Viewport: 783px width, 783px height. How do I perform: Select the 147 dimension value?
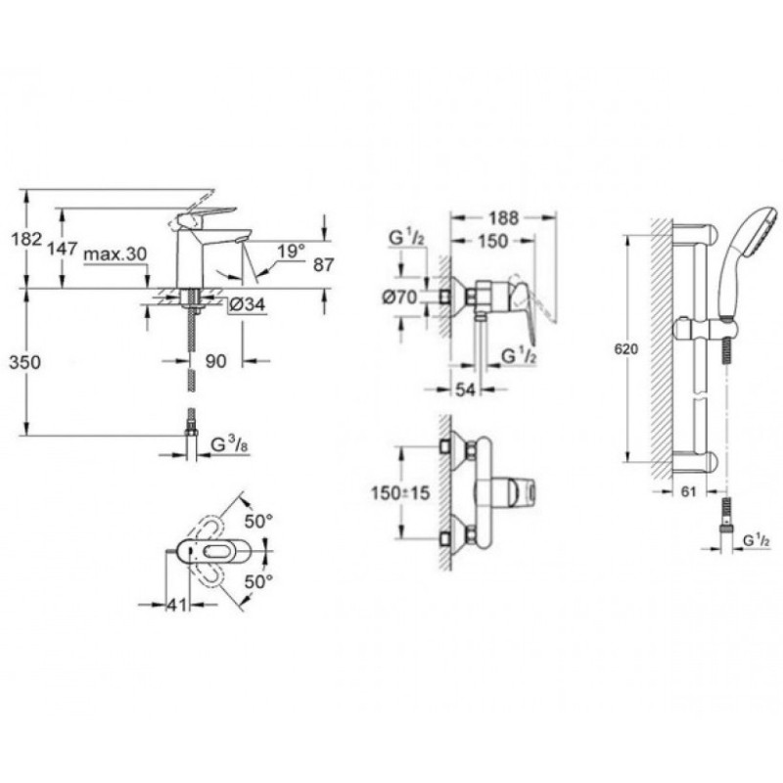tap(63, 249)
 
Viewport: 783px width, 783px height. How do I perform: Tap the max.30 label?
tap(115, 254)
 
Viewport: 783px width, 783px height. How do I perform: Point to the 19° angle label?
tap(290, 251)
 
